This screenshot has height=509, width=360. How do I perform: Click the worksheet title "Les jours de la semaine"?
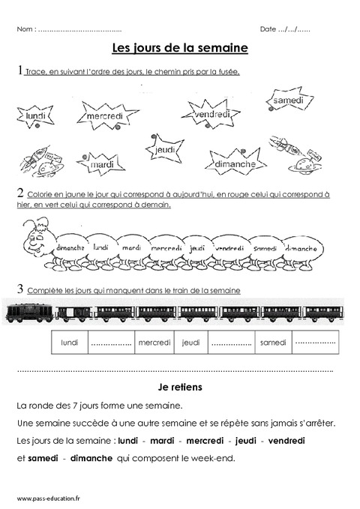pos(179,48)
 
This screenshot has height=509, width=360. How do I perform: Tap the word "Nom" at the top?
pos(24,29)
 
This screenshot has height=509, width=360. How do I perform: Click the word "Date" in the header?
pos(268,29)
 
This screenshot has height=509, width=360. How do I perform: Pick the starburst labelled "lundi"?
pos(35,118)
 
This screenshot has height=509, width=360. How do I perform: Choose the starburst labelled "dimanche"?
pos(235,164)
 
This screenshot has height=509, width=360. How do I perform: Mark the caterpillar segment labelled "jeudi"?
pos(198,247)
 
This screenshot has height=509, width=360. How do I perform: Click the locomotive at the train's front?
pos(26,312)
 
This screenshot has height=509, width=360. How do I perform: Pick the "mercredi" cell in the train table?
pos(155,343)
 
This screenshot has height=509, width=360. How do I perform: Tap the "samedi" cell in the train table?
pos(273,343)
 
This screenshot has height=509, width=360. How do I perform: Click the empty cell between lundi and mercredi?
pos(111,343)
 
